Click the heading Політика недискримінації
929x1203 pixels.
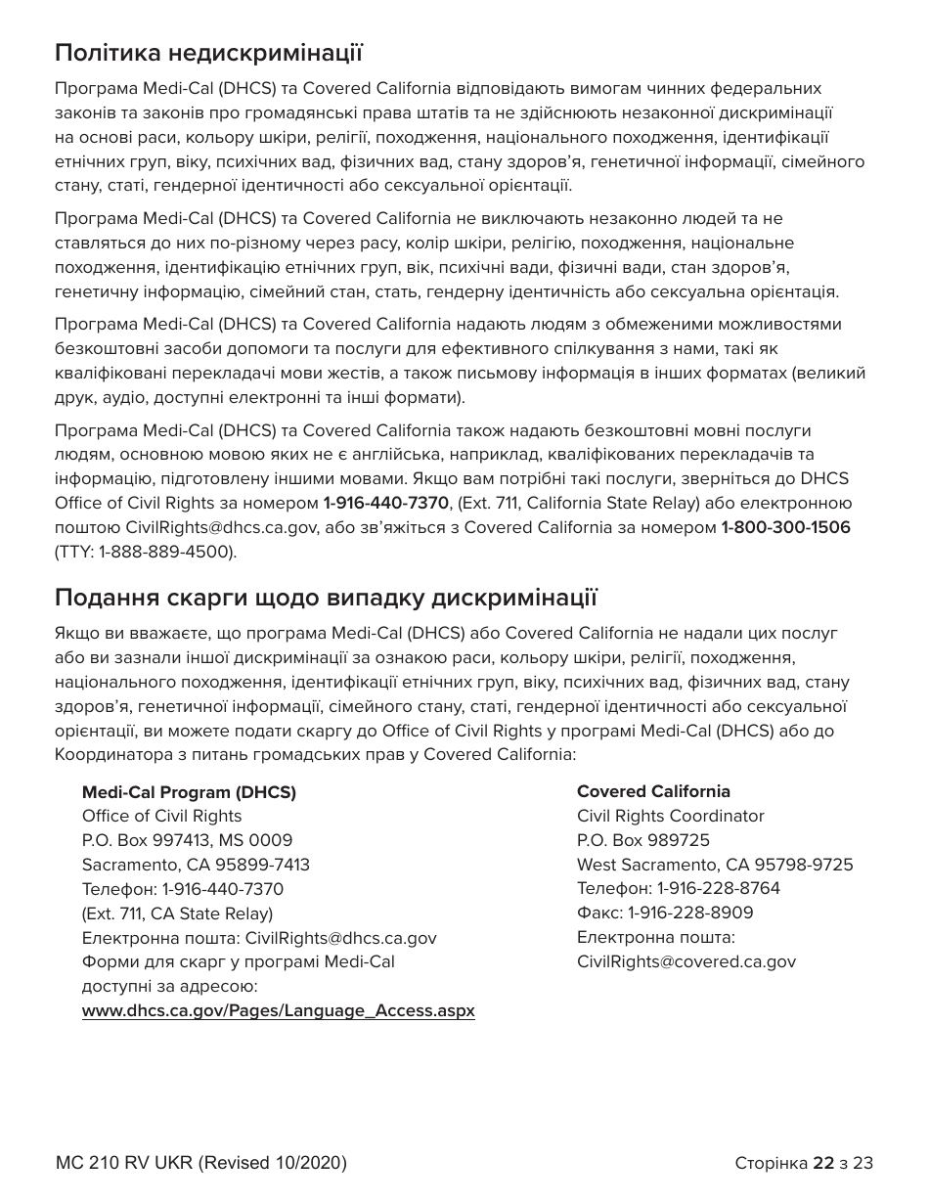click(209, 51)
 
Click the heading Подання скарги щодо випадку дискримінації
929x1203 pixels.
click(326, 597)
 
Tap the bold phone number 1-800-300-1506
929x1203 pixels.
click(785, 528)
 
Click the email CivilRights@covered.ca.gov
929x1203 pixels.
click(686, 961)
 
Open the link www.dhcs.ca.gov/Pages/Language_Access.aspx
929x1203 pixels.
click(279, 1011)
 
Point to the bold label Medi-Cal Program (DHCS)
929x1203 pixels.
click(189, 792)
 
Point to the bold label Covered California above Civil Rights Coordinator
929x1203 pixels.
click(653, 791)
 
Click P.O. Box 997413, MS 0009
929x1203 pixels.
click(187, 840)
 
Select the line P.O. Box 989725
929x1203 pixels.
click(643, 840)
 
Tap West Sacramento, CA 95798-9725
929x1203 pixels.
click(715, 865)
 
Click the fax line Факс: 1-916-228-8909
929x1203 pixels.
click(665, 913)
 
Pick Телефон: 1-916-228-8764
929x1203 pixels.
click(679, 888)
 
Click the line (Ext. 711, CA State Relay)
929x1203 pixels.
click(177, 913)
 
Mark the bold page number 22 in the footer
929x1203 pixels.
click(823, 1163)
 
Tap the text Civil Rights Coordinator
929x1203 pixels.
click(671, 816)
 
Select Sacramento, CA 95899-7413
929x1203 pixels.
click(196, 865)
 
